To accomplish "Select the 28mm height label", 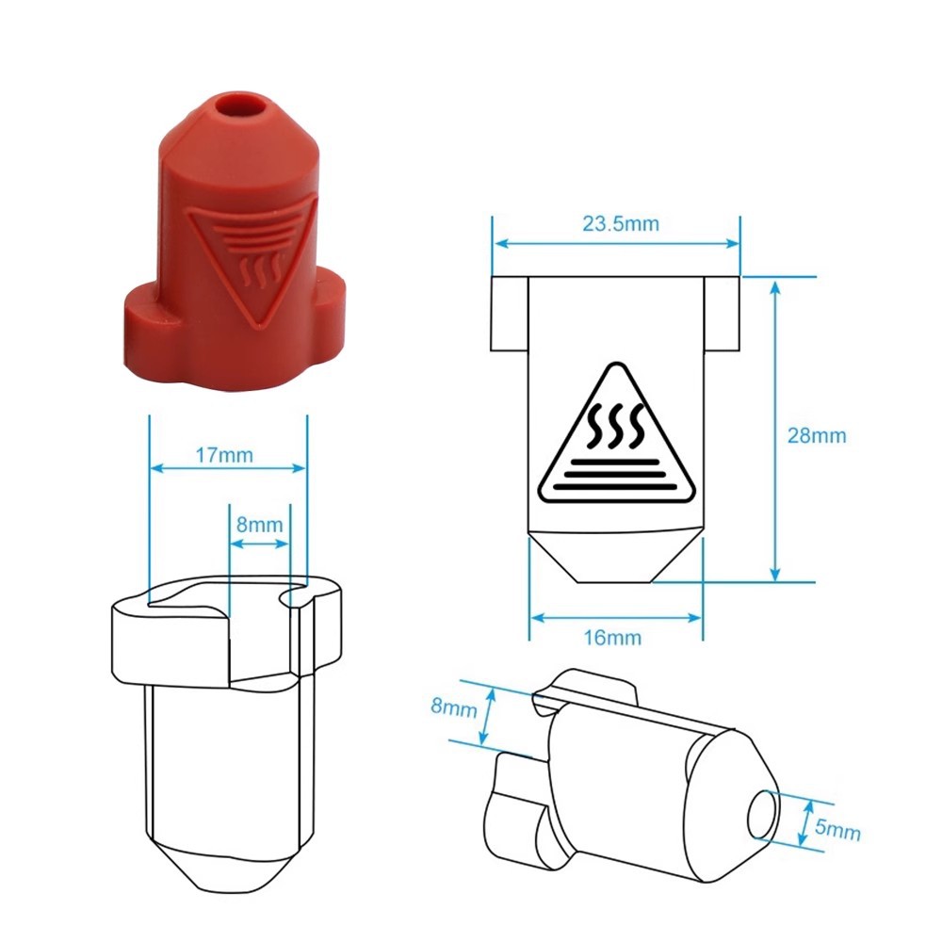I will [817, 435].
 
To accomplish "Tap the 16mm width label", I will [612, 638].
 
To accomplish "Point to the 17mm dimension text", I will [223, 454].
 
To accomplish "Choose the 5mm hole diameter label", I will [837, 830].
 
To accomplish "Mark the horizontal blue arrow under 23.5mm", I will [617, 244].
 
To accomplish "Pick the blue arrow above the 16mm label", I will [615, 618].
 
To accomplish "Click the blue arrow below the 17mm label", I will [228, 467].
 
